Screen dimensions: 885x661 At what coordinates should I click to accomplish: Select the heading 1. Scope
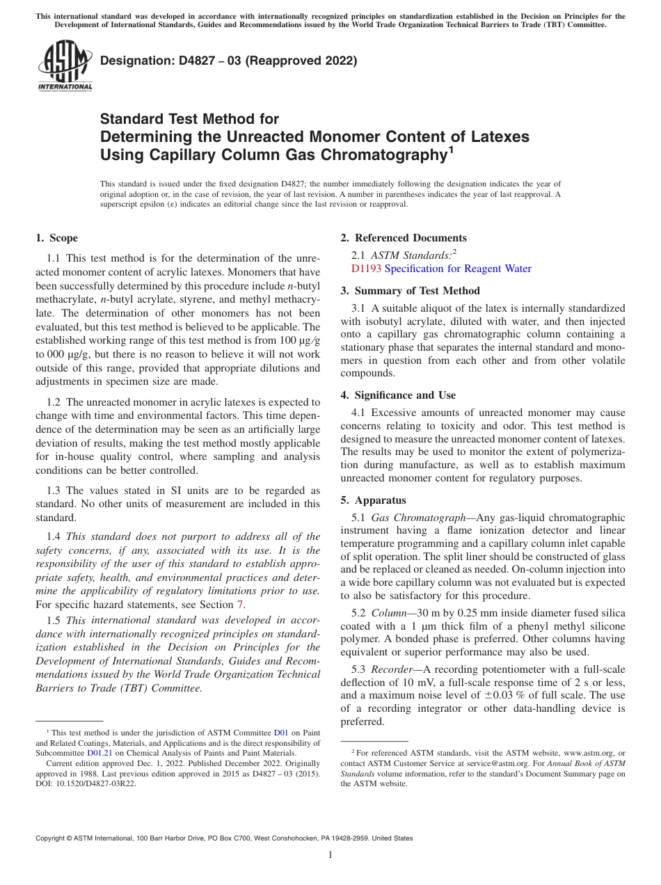pyautogui.click(x=56, y=238)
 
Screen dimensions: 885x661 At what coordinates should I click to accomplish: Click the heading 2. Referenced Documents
pyautogui.click(x=403, y=238)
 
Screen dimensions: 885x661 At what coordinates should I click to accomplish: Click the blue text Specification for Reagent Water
pyautogui.click(x=458, y=269)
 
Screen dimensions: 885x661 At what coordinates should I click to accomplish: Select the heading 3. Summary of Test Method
pyautogui.click(x=410, y=291)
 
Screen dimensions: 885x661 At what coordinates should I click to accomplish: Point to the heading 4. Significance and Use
pyautogui.click(x=398, y=395)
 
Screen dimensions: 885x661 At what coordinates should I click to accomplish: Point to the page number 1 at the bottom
pyautogui.click(x=330, y=855)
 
